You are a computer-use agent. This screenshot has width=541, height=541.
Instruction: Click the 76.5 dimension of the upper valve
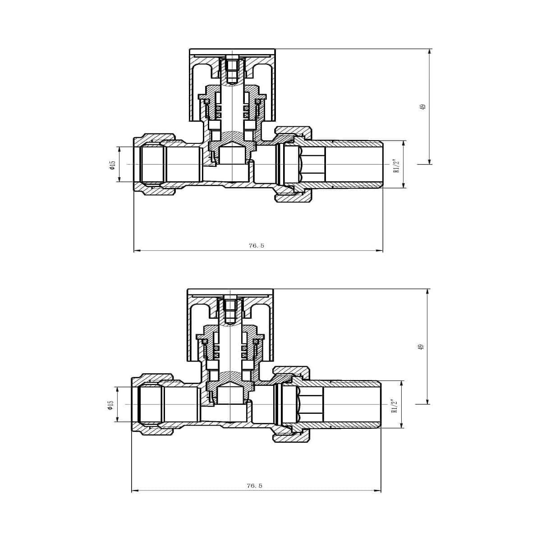[256, 246]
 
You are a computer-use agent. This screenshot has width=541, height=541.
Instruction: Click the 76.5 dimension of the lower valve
[254, 486]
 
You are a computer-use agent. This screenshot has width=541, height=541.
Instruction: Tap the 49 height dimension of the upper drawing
[422, 107]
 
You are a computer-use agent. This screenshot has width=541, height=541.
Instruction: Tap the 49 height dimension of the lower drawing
[421, 347]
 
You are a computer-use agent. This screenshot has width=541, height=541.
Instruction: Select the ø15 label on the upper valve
[113, 165]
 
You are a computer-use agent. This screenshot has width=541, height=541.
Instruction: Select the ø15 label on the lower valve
[110, 405]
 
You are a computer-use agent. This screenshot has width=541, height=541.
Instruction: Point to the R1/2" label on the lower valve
[394, 406]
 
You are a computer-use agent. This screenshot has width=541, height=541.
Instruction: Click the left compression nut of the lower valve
[151, 404]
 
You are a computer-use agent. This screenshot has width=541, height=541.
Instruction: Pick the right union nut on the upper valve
[293, 164]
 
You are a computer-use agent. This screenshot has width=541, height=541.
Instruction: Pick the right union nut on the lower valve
[291, 404]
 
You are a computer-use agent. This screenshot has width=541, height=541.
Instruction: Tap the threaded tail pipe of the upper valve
[356, 164]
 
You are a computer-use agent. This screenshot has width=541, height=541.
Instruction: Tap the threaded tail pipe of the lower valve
[354, 404]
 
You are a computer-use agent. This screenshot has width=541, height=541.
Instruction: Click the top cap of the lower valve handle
[230, 292]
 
